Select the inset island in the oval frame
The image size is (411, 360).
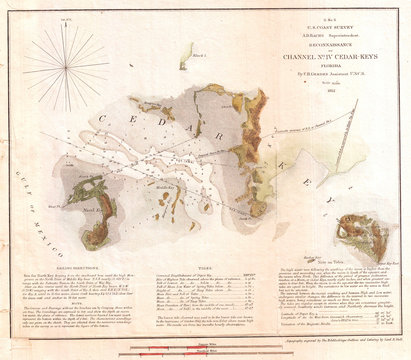[x=367, y=235]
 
